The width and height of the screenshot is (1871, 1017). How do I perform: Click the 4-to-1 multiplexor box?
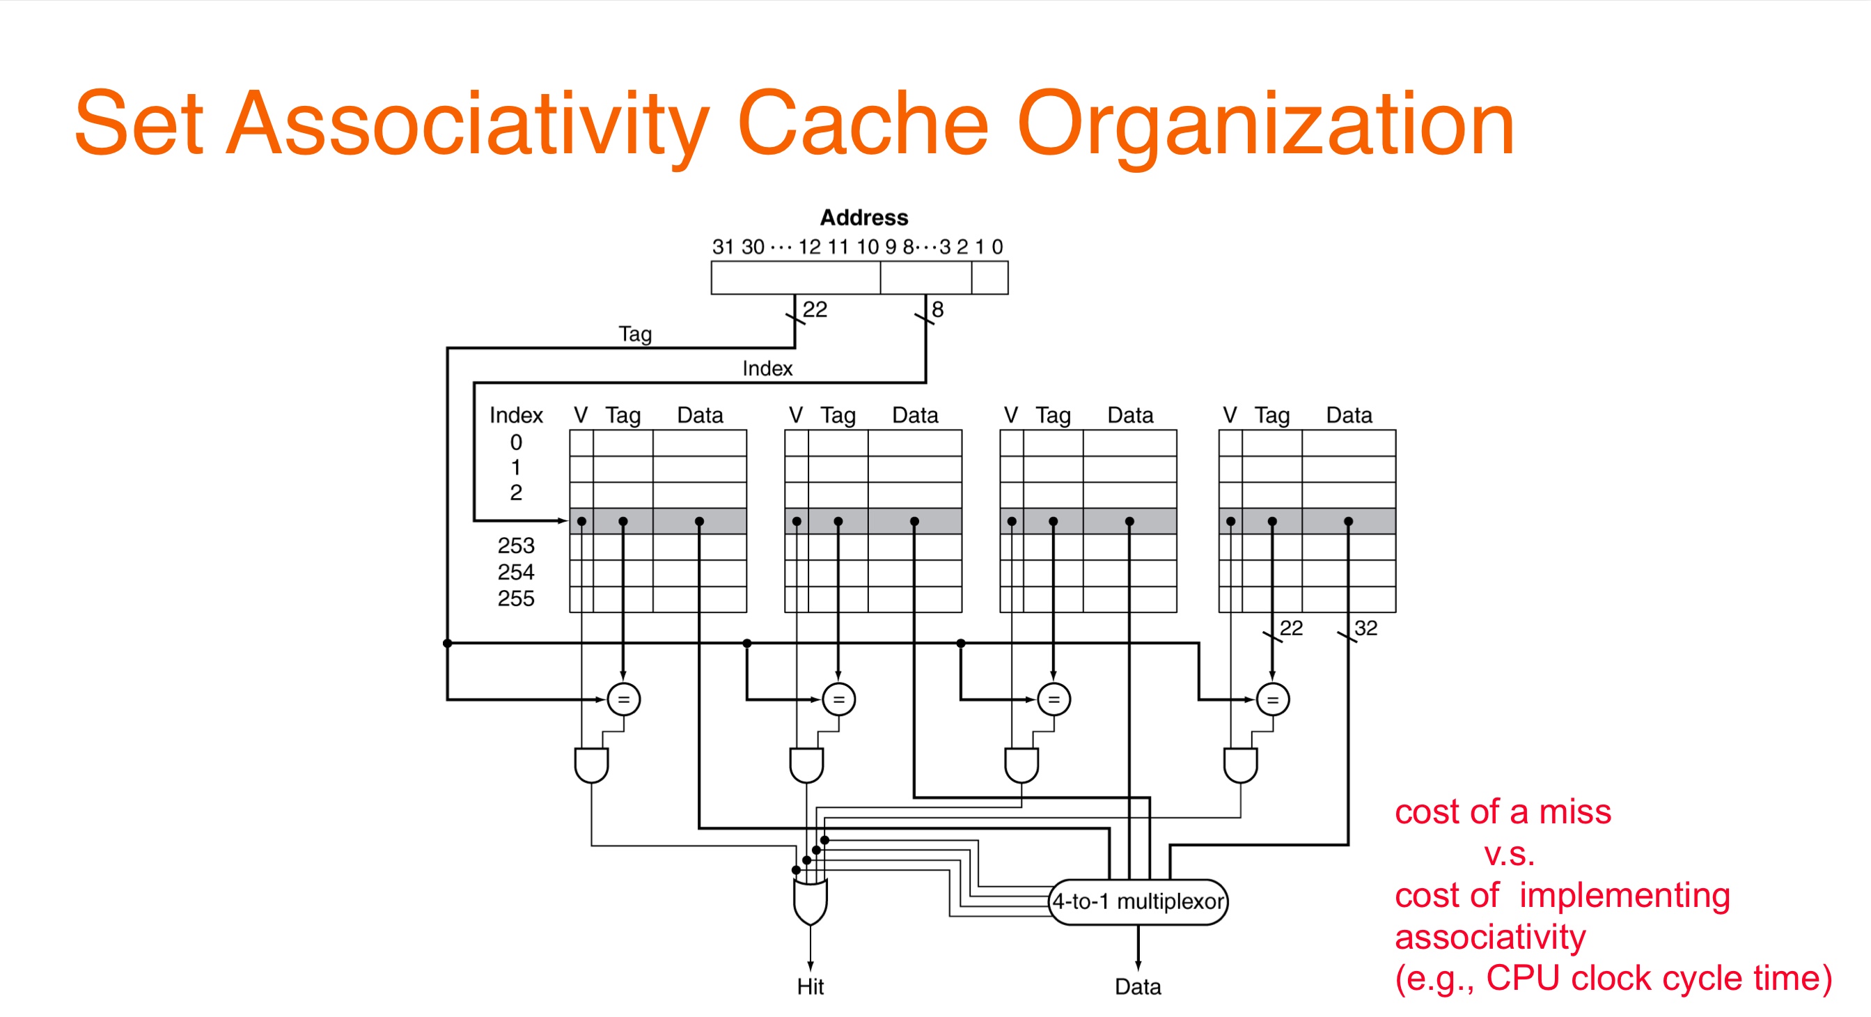pyautogui.click(x=1138, y=901)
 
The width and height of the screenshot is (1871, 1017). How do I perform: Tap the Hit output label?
pyautogui.click(x=811, y=986)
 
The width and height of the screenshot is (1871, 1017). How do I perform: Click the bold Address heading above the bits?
pyautogui.click(x=864, y=217)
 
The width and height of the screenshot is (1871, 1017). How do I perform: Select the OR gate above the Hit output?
pyautogui.click(x=811, y=901)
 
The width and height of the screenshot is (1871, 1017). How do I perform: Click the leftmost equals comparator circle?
pyautogui.click(x=623, y=699)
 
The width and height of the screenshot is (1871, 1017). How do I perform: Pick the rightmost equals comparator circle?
pyautogui.click(x=1272, y=699)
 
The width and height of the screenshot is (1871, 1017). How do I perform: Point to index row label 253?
pyautogui.click(x=516, y=545)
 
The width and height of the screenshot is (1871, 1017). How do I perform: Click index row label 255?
pyautogui.click(x=516, y=598)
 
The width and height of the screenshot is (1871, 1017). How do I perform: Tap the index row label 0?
pyautogui.click(x=516, y=442)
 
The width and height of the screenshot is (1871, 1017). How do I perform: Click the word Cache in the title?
pyautogui.click(x=863, y=123)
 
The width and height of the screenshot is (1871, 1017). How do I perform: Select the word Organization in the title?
pyautogui.click(x=1265, y=127)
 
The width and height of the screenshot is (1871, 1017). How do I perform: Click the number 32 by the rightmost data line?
pyautogui.click(x=1365, y=628)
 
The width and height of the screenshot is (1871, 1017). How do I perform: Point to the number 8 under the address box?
pyautogui.click(x=938, y=309)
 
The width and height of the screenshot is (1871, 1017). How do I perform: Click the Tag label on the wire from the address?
pyautogui.click(x=636, y=334)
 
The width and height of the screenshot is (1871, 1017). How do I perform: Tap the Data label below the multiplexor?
pyautogui.click(x=1138, y=986)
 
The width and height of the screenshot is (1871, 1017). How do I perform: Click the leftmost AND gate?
pyautogui.click(x=591, y=765)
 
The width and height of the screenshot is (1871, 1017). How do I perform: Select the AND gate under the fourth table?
pyautogui.click(x=1241, y=765)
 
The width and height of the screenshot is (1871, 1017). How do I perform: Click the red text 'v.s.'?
pyautogui.click(x=1508, y=855)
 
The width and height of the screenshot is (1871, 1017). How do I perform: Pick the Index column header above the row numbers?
pyautogui.click(x=516, y=416)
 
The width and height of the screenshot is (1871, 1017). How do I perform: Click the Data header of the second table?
pyautogui.click(x=915, y=416)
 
